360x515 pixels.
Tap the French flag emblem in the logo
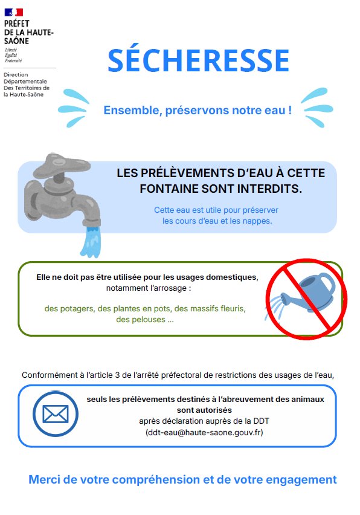[13, 13]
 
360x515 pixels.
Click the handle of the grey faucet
[62, 165]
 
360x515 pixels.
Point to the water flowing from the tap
[91, 241]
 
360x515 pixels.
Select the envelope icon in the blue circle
[56, 413]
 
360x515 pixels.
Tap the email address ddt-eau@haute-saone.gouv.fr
[204, 432]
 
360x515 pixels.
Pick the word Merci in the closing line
[44, 479]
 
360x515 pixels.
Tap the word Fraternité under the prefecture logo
[13, 61]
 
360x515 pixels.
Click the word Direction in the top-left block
[16, 74]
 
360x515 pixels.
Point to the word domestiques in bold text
[232, 277]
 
